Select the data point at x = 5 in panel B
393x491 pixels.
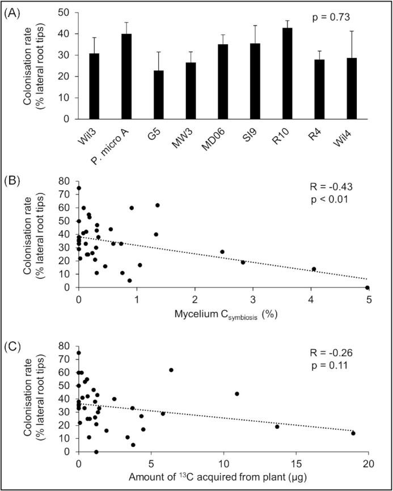click(367, 287)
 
